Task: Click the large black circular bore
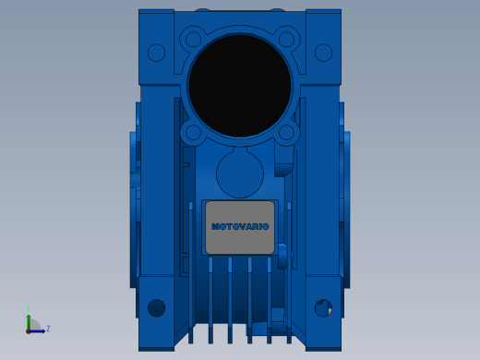(240, 86)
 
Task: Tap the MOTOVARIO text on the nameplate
(240, 227)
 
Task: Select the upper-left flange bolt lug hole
(193, 40)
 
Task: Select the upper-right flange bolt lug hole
(286, 40)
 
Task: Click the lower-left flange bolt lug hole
(193, 133)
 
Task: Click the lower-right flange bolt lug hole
(286, 133)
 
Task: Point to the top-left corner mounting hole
(156, 53)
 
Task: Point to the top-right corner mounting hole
(323, 53)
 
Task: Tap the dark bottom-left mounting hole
(156, 307)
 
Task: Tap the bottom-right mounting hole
(323, 307)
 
